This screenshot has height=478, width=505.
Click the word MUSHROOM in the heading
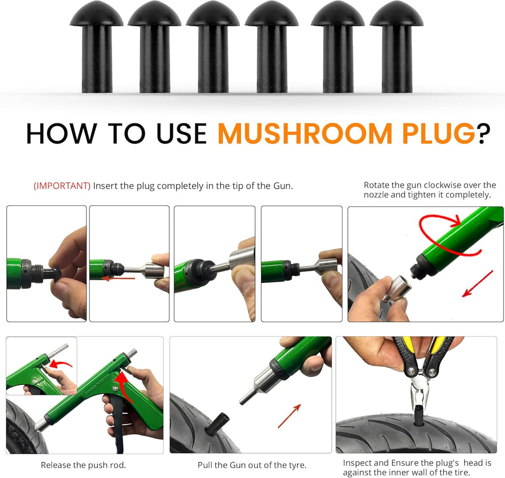[305, 134]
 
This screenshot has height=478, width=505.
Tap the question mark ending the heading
[483, 134]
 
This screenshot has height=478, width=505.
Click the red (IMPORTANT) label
[62, 186]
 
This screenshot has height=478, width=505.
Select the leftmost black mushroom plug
[96, 47]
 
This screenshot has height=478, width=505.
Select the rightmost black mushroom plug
[396, 47]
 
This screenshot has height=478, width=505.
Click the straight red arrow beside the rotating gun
[478, 284]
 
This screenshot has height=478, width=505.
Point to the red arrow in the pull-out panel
[289, 416]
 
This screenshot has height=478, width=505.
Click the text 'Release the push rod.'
[83, 465]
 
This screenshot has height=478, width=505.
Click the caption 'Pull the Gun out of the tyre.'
[252, 465]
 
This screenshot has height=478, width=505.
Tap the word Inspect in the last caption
[357, 463]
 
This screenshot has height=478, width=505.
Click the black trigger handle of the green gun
[118, 422]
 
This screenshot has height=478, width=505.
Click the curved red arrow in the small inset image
[61, 365]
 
